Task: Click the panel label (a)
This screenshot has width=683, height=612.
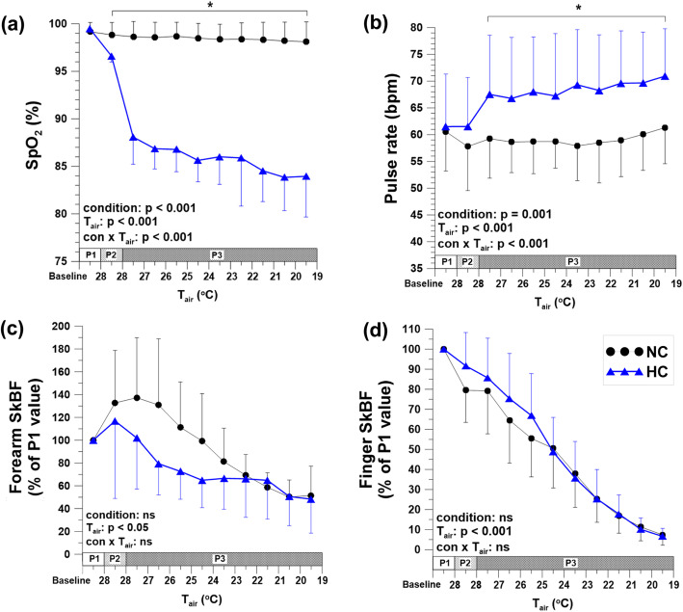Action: coord(18,17)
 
